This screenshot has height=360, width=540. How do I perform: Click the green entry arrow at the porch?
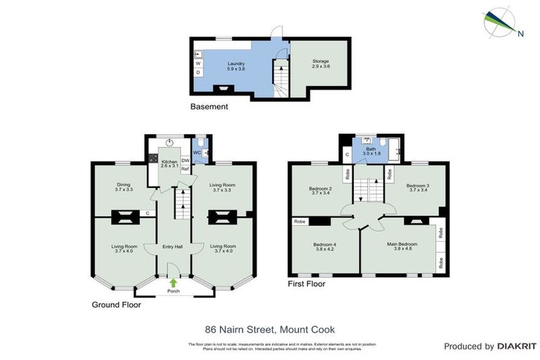tap(173, 283)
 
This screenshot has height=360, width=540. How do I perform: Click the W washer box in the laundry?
tap(198, 63)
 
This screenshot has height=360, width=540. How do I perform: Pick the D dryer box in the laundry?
tap(198, 72)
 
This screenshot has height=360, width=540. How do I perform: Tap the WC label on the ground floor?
tap(197, 152)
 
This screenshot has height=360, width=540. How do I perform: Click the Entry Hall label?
tap(173, 247)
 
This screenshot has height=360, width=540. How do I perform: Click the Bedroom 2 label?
tap(320, 188)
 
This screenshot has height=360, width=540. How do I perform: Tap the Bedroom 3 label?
tap(418, 186)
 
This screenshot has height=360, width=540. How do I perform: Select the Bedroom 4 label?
tap(325, 245)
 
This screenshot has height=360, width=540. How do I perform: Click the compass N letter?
tap(520, 33)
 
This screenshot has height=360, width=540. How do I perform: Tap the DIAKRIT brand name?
tap(517, 347)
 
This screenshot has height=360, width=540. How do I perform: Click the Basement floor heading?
tap(210, 107)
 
